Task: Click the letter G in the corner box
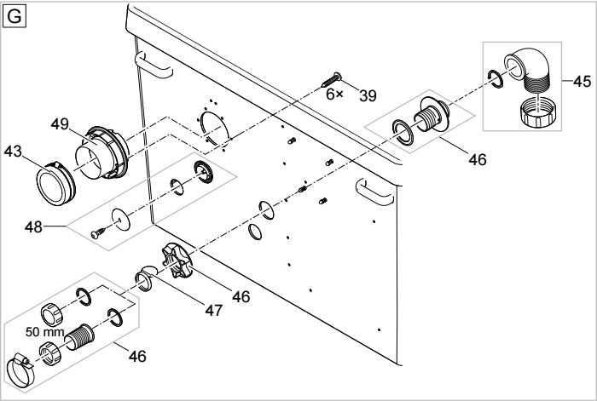(14, 17)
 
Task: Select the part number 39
(368, 96)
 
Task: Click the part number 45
(582, 82)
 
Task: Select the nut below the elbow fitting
(537, 112)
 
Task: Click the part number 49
(60, 124)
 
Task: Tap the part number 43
(13, 152)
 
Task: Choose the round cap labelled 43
(55, 183)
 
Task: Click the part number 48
(33, 227)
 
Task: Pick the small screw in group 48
(98, 233)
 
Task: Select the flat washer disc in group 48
(121, 219)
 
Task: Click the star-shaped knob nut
(177, 262)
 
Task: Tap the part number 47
(213, 311)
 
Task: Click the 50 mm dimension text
(44, 332)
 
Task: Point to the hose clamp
(20, 369)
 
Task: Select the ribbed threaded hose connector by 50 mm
(78, 338)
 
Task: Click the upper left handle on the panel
(154, 67)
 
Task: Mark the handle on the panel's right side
(375, 192)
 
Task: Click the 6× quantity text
(334, 94)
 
